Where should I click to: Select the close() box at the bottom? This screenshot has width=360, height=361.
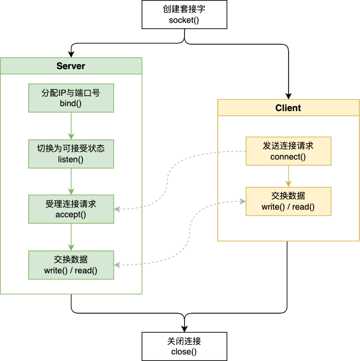tap(180, 346)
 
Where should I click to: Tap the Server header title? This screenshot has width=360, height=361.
tap(71, 66)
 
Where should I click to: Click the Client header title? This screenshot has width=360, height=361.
tap(288, 108)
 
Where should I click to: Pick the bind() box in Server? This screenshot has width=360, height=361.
tap(71, 98)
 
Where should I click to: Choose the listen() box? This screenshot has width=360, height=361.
tap(71, 154)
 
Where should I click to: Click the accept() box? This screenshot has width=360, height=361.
tap(71, 209)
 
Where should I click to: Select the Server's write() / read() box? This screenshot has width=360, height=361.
tap(71, 265)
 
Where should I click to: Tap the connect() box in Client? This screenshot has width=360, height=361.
tap(288, 151)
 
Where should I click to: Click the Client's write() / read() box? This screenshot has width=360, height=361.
tap(288, 201)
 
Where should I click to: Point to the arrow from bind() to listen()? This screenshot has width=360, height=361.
tap(71, 126)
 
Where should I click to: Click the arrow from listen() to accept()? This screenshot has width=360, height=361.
tap(71, 181)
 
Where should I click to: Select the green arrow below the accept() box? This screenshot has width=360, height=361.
tap(71, 237)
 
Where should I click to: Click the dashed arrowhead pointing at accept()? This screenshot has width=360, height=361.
tap(118, 209)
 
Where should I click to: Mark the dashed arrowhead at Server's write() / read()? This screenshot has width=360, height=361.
tap(118, 265)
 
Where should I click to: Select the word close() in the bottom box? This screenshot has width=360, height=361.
tap(180, 352)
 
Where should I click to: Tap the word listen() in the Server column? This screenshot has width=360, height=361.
tap(71, 159)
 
